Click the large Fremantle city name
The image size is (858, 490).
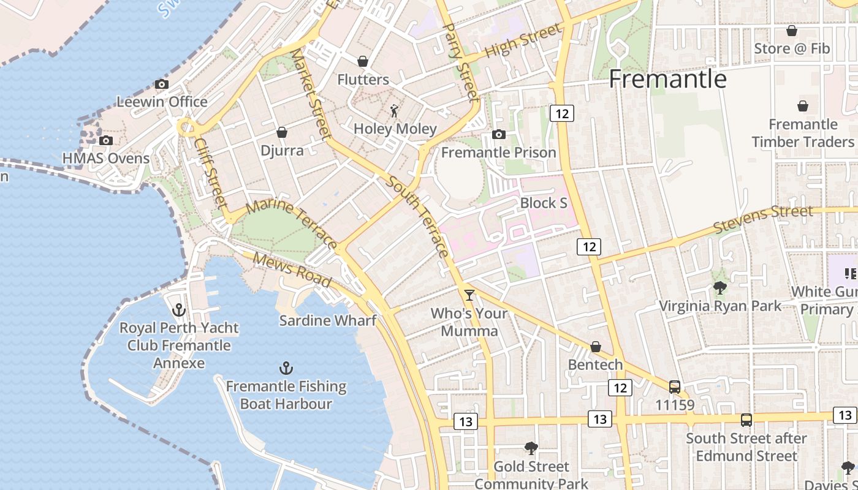(x=667, y=79)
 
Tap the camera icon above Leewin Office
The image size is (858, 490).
(x=162, y=84)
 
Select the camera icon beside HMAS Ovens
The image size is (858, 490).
(x=106, y=140)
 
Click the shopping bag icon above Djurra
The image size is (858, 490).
(x=282, y=132)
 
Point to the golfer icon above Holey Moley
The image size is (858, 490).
(x=395, y=111)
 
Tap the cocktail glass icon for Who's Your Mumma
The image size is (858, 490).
(x=469, y=295)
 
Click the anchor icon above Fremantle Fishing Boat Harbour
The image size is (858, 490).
(x=286, y=368)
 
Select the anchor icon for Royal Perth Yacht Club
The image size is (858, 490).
(x=178, y=309)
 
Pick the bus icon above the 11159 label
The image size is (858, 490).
(x=675, y=387)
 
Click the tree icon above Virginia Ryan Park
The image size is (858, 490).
(x=720, y=287)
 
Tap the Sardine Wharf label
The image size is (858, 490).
(x=327, y=320)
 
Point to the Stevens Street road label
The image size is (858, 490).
(x=764, y=219)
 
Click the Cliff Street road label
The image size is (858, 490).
(x=211, y=172)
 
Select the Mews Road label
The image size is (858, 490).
(x=292, y=269)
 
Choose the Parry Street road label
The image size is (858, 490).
(x=460, y=61)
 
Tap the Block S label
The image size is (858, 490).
(x=544, y=203)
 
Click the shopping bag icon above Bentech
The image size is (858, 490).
(x=595, y=347)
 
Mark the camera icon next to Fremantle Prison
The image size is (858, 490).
(x=499, y=134)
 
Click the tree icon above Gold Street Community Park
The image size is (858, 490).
(x=531, y=448)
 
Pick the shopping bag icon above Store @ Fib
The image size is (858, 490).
(x=792, y=31)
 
